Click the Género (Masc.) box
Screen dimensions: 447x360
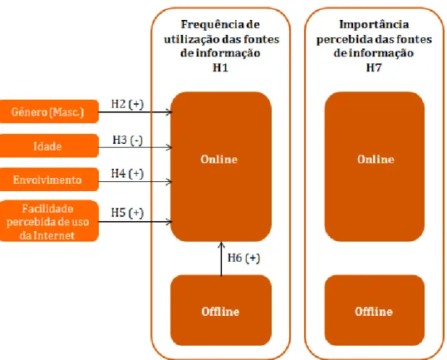[49, 111]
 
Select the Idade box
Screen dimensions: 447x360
[49, 145]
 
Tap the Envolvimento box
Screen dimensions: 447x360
[49, 180]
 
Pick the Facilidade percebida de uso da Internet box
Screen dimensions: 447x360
[49, 221]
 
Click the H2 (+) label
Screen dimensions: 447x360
[127, 104]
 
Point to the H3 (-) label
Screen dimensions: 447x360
[127, 140]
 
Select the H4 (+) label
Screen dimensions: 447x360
[127, 174]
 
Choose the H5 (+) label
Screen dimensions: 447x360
[127, 213]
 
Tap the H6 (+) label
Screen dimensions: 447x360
[243, 258]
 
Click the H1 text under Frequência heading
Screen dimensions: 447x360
[220, 67]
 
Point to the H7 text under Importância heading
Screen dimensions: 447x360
[374, 67]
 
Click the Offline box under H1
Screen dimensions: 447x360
[221, 310]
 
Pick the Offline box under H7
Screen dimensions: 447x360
[375, 310]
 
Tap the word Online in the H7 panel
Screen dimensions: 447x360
[376, 159]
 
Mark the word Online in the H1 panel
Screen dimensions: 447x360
[219, 159]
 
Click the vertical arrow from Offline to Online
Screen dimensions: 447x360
[221, 259]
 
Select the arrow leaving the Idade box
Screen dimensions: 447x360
[135, 147]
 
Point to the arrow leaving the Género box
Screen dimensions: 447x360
[135, 111]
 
